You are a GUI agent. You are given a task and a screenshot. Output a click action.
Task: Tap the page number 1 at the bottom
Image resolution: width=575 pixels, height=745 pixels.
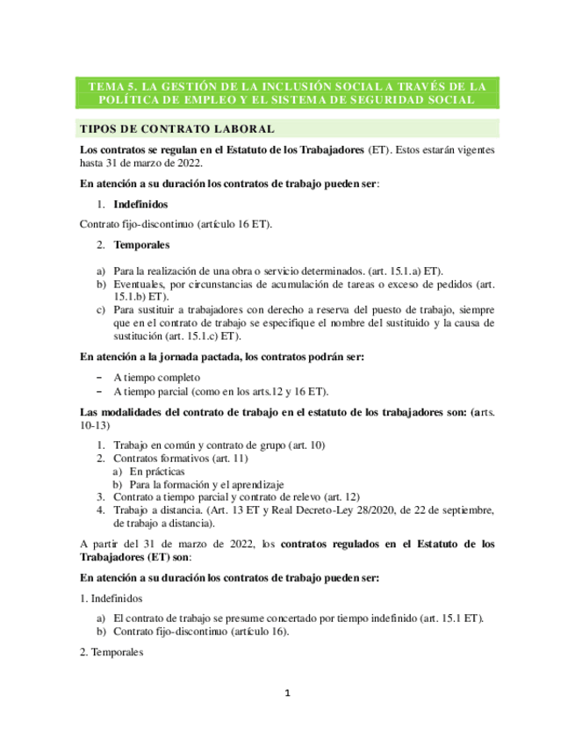(287, 693)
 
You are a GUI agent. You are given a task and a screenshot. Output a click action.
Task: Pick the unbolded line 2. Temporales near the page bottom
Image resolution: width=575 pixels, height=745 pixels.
(115, 653)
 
